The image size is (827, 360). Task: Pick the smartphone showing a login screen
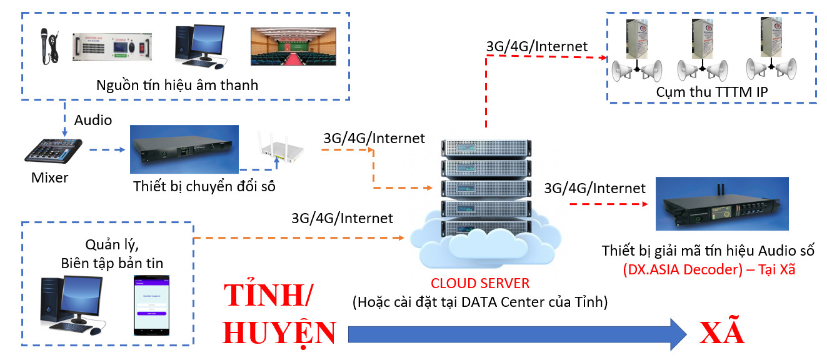(153, 305)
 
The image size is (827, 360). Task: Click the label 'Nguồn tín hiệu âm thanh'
(177, 85)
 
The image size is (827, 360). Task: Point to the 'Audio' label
(93, 120)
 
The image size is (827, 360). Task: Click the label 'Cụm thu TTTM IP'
(711, 92)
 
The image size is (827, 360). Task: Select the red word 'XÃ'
(723, 332)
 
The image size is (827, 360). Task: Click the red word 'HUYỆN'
(279, 332)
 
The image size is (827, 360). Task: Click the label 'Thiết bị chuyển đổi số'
(204, 186)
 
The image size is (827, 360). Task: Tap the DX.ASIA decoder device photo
(721, 204)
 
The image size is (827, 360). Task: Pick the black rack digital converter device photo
(184, 149)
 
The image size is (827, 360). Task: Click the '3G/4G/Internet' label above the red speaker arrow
(537, 46)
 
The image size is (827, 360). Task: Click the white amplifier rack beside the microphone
(112, 46)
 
